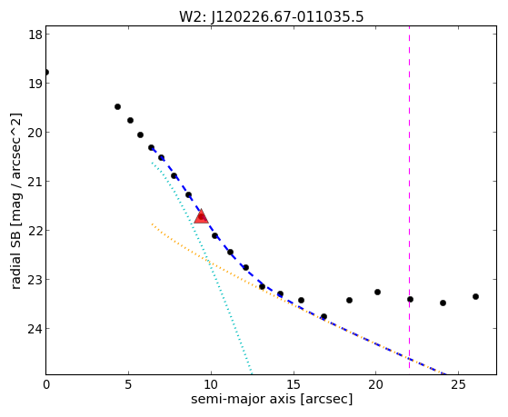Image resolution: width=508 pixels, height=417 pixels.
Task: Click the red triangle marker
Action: [201, 216]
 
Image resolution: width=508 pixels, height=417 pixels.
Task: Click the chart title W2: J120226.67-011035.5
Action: [272, 16]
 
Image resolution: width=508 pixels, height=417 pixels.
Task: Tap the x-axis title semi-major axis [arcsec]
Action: [272, 399]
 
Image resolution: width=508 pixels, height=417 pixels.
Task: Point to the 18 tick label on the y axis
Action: [35, 35]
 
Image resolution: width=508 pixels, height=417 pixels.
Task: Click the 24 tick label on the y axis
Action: [35, 329]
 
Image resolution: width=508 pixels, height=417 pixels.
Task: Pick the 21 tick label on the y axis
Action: [35, 182]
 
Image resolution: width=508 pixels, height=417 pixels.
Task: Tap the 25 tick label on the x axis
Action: [458, 384]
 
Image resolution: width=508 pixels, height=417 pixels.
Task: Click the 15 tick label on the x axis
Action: [294, 384]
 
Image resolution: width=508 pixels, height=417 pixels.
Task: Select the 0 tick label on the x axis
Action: [46, 384]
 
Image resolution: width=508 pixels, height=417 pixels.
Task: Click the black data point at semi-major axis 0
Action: [46, 72]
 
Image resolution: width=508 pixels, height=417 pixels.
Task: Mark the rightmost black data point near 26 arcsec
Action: [475, 296]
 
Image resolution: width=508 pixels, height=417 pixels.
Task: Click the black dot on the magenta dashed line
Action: [410, 299]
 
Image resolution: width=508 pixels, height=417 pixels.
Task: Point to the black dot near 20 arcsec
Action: [377, 292]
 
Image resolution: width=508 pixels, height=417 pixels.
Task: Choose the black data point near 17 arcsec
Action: [324, 316]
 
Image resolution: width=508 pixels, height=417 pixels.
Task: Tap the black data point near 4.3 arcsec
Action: [117, 106]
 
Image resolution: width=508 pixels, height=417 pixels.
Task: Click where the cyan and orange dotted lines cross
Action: [208, 260]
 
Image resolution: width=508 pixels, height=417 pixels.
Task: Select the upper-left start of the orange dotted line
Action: [152, 223]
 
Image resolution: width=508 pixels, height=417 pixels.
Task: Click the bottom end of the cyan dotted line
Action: [252, 373]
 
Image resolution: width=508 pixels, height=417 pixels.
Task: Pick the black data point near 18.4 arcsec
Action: [349, 300]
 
